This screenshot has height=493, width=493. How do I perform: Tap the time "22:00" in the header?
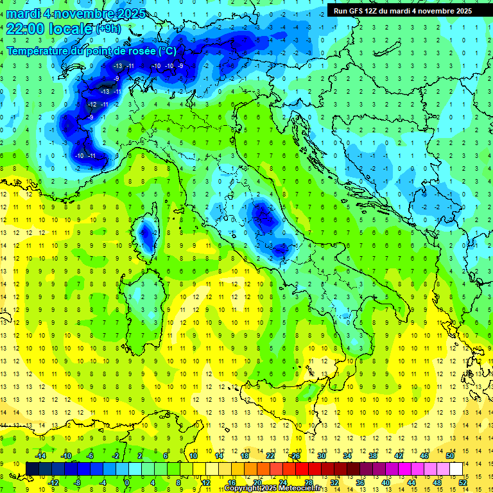[27, 29]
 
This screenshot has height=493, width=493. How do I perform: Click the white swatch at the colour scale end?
[456, 469]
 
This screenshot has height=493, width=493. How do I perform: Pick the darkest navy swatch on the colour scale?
[32, 469]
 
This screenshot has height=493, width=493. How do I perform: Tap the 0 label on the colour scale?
[127, 482]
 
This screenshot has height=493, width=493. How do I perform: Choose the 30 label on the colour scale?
[321, 455]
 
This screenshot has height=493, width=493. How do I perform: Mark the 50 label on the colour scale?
[449, 455]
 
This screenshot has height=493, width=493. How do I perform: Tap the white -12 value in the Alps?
[92, 105]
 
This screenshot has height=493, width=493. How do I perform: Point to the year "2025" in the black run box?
[460, 10]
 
